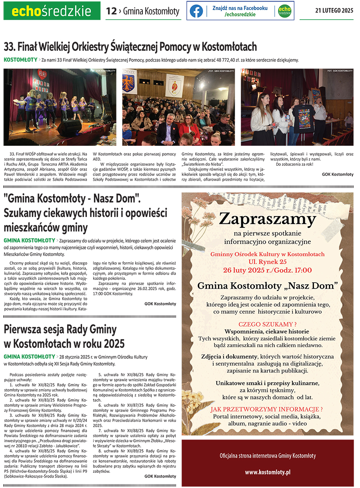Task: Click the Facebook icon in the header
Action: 196,11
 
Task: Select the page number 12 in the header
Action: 111,11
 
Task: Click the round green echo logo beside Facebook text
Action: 284,11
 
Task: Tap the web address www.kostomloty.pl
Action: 267,472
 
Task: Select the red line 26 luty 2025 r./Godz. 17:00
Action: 267,270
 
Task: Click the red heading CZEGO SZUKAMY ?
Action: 267,324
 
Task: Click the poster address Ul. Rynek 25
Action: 267,262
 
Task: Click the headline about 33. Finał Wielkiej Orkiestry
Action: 130,46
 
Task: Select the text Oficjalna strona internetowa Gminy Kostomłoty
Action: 267,456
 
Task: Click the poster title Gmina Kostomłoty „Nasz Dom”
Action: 267,286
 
